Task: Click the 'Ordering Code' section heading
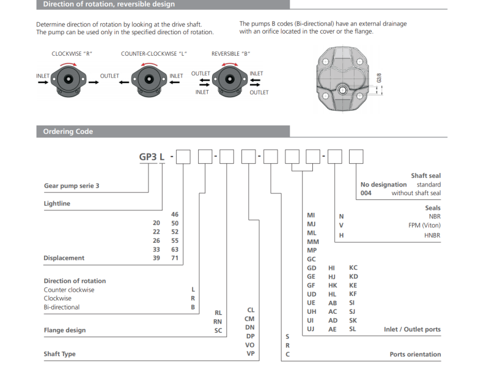point(68,132)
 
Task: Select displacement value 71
point(175,258)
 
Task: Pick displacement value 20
point(156,223)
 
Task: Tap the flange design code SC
point(218,330)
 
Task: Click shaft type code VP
point(250,354)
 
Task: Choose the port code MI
point(311,216)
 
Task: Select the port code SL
point(353,328)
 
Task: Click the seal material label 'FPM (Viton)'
point(424,225)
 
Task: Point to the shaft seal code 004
point(366,193)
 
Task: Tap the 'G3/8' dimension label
point(379,78)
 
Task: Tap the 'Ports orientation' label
point(415,354)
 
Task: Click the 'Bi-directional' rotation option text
point(62,307)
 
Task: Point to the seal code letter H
point(342,235)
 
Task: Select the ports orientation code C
point(288,354)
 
